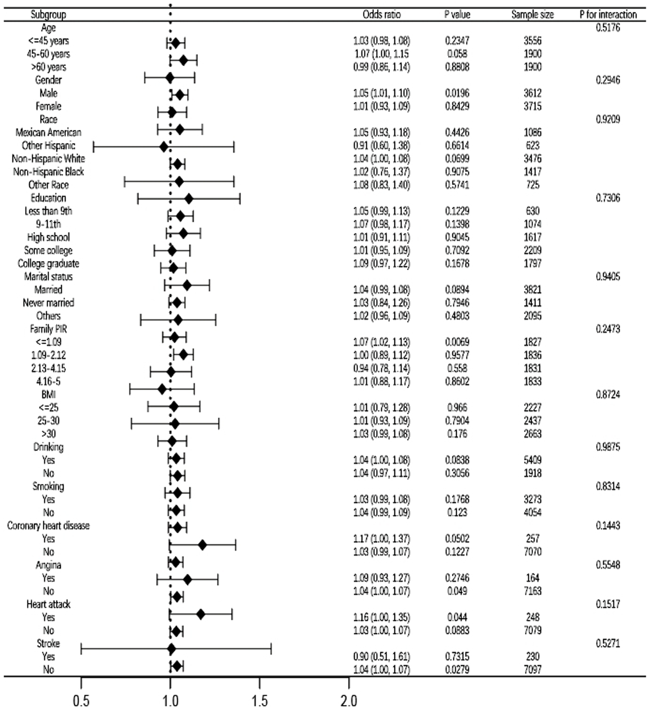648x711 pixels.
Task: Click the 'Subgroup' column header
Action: tap(48, 14)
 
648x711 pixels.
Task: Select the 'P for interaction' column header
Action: tap(608, 14)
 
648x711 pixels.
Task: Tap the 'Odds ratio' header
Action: tap(381, 14)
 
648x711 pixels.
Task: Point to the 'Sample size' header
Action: tap(532, 14)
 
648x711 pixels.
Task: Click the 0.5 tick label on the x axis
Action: tap(81, 701)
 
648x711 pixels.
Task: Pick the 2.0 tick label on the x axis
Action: tap(348, 701)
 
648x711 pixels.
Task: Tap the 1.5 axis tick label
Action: tap(259, 701)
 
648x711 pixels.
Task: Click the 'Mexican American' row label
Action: tap(48, 132)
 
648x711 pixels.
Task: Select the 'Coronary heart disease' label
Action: tap(48, 525)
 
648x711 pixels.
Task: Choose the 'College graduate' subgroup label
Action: tap(48, 263)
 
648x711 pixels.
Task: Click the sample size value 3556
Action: tap(532, 41)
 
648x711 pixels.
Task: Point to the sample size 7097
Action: tap(532, 670)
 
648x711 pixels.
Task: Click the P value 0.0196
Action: tap(457, 93)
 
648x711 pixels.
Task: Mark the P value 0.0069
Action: tap(457, 342)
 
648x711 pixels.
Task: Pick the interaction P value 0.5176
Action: tap(608, 28)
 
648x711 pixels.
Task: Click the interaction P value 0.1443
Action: tap(608, 525)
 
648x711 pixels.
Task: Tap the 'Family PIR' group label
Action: tap(48, 329)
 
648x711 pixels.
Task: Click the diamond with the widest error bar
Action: tap(171, 649)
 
